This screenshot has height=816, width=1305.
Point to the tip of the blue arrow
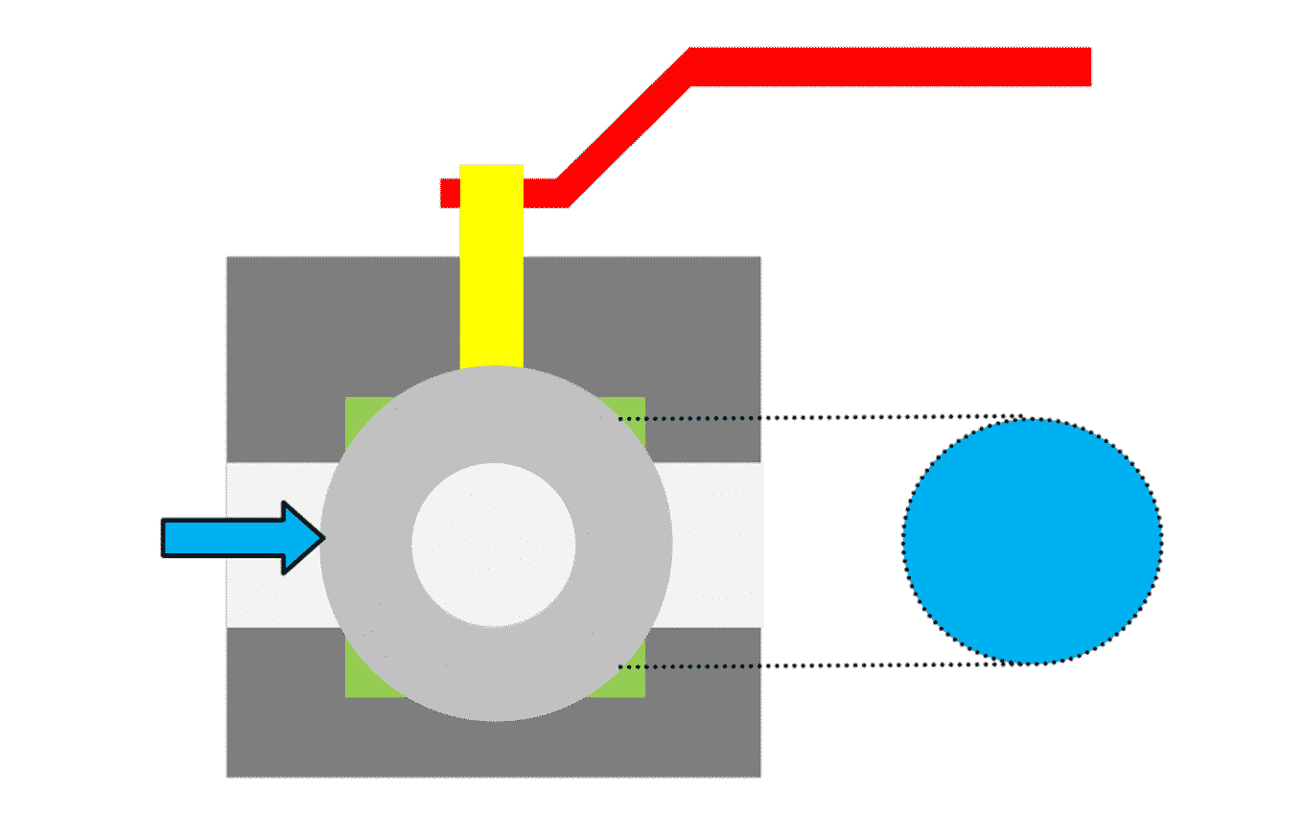tap(324, 538)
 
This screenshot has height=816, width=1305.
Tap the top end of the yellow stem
tap(491, 168)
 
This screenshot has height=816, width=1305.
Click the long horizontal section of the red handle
tap(892, 66)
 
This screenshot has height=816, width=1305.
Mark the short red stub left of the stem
tap(450, 193)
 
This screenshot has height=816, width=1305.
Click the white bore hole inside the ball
tap(494, 545)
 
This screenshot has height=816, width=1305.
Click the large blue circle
tap(1032, 540)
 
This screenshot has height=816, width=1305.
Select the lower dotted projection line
tap(815, 665)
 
